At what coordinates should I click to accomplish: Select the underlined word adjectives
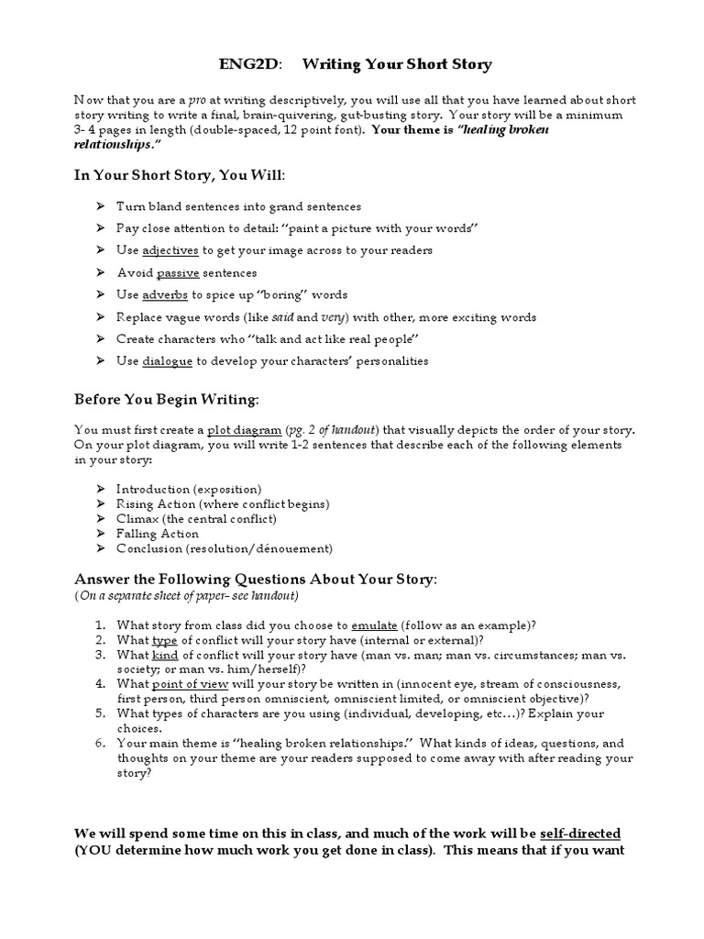[170, 250]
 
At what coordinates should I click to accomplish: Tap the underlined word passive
[178, 272]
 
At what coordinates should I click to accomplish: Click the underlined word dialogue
[167, 361]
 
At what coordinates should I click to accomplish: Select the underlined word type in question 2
[164, 640]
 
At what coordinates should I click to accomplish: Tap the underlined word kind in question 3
[165, 655]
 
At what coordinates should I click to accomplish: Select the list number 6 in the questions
[99, 744]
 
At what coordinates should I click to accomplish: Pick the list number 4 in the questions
[99, 684]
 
